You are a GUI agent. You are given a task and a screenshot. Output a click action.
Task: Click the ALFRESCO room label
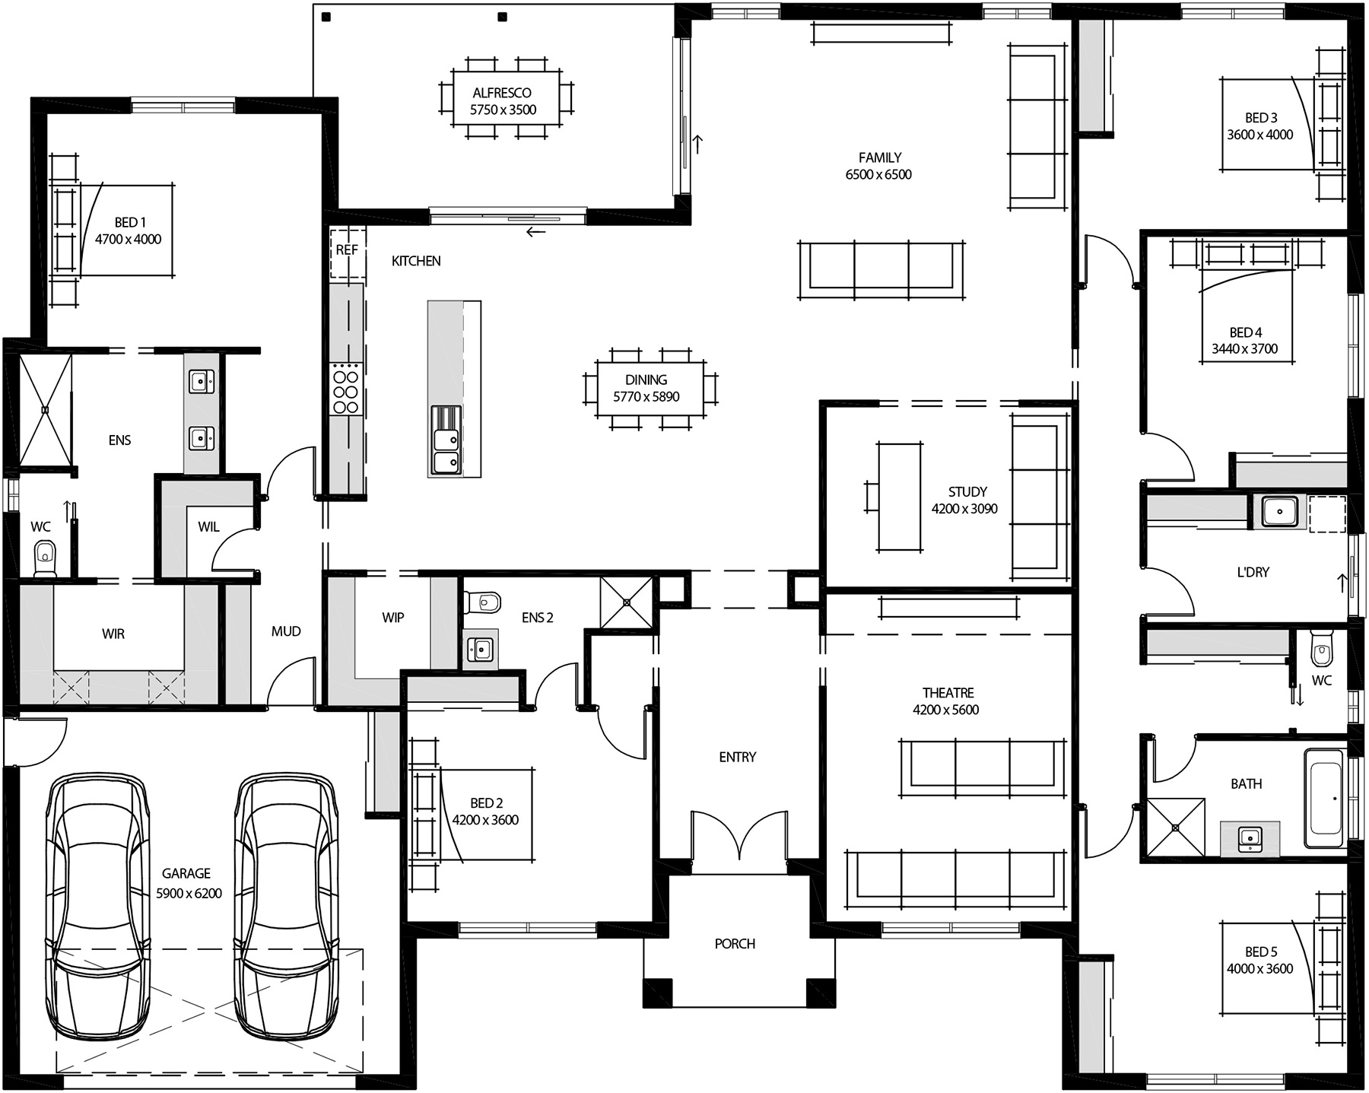501,93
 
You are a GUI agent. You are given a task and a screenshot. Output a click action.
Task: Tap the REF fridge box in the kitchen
347,251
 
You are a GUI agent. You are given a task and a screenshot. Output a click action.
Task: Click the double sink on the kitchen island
446,450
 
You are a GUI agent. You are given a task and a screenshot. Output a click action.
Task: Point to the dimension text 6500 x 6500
878,175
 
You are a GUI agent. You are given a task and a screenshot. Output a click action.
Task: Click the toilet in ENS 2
484,602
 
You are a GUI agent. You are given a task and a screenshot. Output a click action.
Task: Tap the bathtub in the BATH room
1324,798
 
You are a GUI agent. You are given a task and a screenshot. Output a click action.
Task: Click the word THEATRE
948,693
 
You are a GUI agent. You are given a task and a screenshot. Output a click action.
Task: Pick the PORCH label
735,944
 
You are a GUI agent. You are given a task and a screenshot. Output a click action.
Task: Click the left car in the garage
97,905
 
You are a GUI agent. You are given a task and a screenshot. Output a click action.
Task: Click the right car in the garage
286,905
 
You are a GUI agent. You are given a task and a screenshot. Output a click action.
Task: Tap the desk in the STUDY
900,496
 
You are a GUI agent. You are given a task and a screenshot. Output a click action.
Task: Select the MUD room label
286,631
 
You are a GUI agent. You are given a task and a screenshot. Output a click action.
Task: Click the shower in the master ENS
45,409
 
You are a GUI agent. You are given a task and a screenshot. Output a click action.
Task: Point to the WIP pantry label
392,618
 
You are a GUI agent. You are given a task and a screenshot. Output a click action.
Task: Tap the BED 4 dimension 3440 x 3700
1244,349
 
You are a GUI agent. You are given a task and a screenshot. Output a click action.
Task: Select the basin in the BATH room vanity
1248,837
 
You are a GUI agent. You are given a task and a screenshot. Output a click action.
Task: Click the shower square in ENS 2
627,602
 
